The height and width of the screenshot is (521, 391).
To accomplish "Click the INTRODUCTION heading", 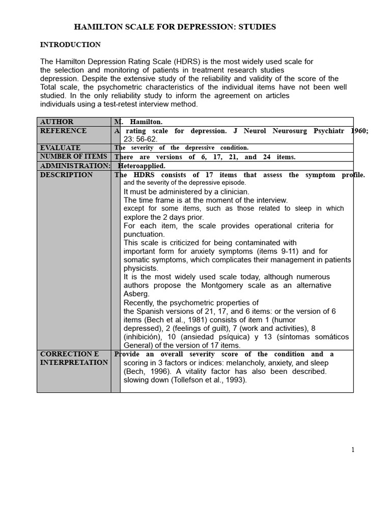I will pyautogui.click(x=70, y=45).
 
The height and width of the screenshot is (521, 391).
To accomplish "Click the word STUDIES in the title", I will pyautogui.click(x=257, y=27).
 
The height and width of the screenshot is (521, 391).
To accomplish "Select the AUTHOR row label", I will pyautogui.click(x=57, y=122).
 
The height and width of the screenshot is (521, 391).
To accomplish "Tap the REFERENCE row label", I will pyautogui.click(x=63, y=131).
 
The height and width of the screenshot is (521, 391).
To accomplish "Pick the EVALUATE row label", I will pyautogui.click(x=60, y=148).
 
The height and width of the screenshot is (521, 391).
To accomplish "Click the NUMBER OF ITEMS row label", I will pyautogui.click(x=73, y=157).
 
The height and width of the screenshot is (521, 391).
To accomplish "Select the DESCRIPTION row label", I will pyautogui.click(x=66, y=175).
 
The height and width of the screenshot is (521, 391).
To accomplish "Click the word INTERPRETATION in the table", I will pyautogui.click(x=74, y=362).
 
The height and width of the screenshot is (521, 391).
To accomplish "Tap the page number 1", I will pyautogui.click(x=352, y=450).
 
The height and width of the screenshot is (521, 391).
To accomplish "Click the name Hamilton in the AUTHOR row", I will pyautogui.click(x=146, y=122).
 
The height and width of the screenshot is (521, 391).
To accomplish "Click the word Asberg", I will pyautogui.click(x=137, y=294).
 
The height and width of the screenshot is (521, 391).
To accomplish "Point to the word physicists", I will pyautogui.click(x=141, y=268).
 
